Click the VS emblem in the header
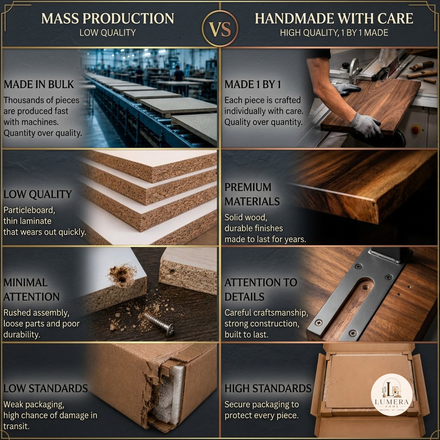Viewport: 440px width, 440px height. pyautogui.click(x=220, y=28)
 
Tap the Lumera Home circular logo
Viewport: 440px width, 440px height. pyautogui.click(x=391, y=394)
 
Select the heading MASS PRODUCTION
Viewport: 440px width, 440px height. pyautogui.click(x=107, y=18)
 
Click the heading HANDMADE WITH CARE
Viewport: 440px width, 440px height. pyautogui.click(x=334, y=18)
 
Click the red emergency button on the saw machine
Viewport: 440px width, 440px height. pyautogui.click(x=416, y=130)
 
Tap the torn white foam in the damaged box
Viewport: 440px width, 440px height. pyautogui.click(x=168, y=396)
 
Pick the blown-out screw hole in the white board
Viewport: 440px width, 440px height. pyautogui.click(x=122, y=275)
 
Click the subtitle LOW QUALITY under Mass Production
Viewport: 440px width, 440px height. pyautogui.click(x=107, y=33)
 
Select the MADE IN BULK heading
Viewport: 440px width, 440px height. pyautogui.click(x=39, y=85)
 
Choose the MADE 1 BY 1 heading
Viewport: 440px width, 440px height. pyautogui.click(x=253, y=85)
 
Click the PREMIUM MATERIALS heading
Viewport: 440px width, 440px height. pyautogui.click(x=252, y=194)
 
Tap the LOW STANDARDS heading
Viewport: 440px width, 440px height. pyautogui.click(x=46, y=388)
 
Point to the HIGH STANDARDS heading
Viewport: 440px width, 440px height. pyautogui.click(x=268, y=388)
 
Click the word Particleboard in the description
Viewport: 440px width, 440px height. pyautogui.click(x=29, y=210)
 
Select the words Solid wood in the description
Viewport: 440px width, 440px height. pyautogui.click(x=245, y=217)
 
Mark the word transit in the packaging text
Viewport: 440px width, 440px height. pyautogui.click(x=16, y=426)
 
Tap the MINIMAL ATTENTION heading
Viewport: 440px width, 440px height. pyautogui.click(x=31, y=290)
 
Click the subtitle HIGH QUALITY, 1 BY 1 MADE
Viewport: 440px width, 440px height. pyautogui.click(x=334, y=33)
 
